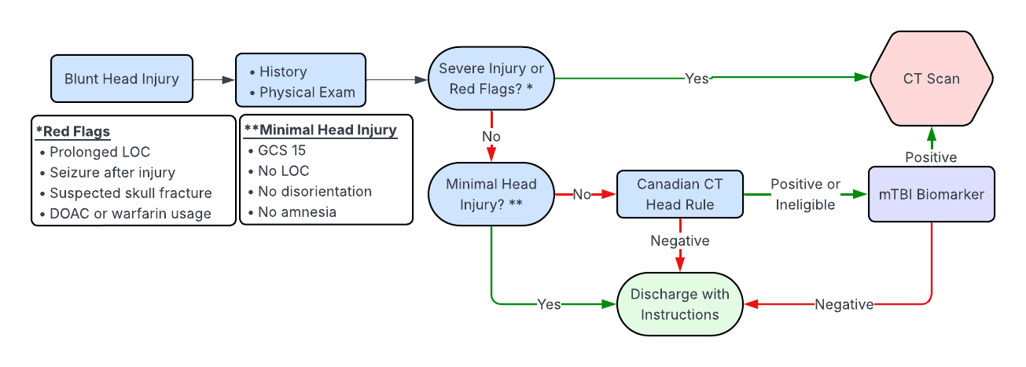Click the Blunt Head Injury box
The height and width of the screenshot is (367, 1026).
click(x=122, y=79)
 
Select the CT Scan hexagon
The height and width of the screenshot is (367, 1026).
click(x=932, y=79)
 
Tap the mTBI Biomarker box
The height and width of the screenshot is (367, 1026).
click(x=932, y=194)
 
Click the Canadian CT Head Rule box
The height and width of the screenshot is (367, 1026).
click(x=680, y=194)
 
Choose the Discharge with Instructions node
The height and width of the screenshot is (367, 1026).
click(x=680, y=304)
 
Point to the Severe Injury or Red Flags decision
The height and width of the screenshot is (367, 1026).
click(x=491, y=79)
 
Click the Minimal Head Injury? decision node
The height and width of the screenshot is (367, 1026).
click(x=491, y=194)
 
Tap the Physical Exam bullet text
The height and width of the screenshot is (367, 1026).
click(x=307, y=92)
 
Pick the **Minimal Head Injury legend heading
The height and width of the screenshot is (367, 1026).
click(x=320, y=130)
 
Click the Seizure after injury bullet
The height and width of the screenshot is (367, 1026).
click(x=112, y=172)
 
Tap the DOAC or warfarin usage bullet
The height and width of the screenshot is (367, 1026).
click(x=131, y=213)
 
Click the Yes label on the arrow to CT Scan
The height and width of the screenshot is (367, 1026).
click(x=697, y=79)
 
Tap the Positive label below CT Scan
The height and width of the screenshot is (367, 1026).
click(x=932, y=157)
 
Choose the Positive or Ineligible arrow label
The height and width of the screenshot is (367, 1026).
click(x=805, y=194)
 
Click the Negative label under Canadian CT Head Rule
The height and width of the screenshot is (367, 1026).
click(x=680, y=240)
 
